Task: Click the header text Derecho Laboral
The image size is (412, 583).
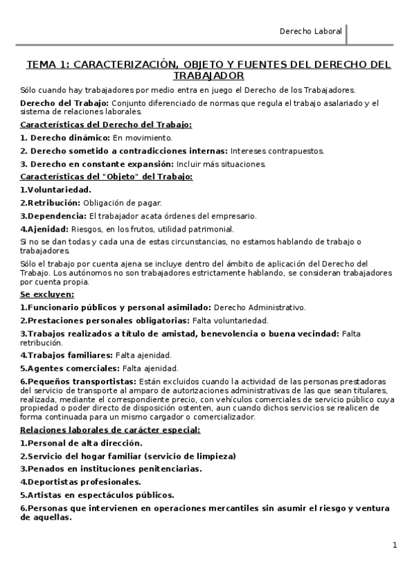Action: pos(310,32)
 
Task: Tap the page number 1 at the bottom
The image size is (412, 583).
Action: pos(395,545)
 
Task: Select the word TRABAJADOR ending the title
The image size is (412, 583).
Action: pos(208,76)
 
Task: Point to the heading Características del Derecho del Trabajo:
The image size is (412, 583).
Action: pos(106,125)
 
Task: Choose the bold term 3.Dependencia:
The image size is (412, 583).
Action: pos(53,216)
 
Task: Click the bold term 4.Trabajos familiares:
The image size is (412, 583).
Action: pos(66,355)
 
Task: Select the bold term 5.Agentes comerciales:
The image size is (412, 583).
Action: pos(69,368)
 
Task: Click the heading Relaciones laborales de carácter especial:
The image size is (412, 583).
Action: pos(110,430)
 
